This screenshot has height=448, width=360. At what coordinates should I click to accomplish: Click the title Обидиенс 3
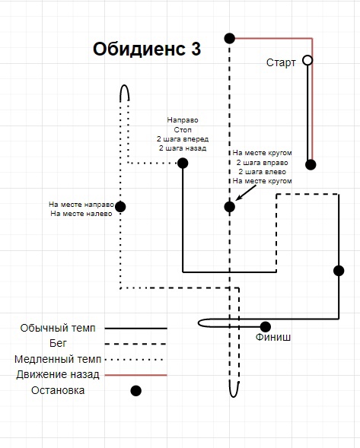pyautogui.click(x=147, y=49)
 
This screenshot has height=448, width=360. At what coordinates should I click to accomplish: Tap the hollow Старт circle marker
pyautogui.click(x=307, y=60)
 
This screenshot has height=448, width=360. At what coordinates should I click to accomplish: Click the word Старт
pyautogui.click(x=281, y=62)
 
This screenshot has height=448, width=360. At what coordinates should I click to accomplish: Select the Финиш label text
pyautogui.click(x=273, y=337)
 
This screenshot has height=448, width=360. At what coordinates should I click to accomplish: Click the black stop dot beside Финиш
pyautogui.click(x=266, y=327)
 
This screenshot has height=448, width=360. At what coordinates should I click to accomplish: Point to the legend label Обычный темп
pyautogui.click(x=58, y=328)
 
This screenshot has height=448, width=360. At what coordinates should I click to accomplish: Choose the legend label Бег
pyautogui.click(x=58, y=343)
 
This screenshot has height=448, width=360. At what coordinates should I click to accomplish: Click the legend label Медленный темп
pyautogui.click(x=58, y=359)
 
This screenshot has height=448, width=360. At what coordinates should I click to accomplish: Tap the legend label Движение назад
pyautogui.click(x=58, y=374)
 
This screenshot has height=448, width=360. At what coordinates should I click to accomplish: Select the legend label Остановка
pyautogui.click(x=58, y=390)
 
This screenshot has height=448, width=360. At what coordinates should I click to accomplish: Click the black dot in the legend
pyautogui.click(x=135, y=390)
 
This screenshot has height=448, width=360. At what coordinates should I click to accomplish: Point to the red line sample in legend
pyautogui.click(x=135, y=375)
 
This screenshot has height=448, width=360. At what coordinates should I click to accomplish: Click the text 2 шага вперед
pyautogui.click(x=183, y=139)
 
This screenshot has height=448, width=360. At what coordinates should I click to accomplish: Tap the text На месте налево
pyautogui.click(x=81, y=214)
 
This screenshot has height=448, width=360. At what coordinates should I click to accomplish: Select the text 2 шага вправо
pyautogui.click(x=263, y=163)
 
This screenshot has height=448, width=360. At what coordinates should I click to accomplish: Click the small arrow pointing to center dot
pyautogui.click(x=246, y=192)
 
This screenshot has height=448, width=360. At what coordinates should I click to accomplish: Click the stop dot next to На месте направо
pyautogui.click(x=120, y=206)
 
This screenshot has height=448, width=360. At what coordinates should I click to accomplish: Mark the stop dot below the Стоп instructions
pyautogui.click(x=183, y=163)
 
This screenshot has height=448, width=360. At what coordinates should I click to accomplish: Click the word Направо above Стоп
pyautogui.click(x=183, y=120)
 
